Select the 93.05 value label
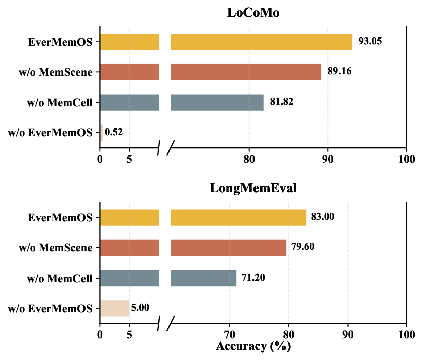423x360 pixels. pos(370,41)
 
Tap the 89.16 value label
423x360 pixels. pos(339,71)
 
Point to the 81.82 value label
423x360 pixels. pos(281,102)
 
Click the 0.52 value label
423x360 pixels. pos(114,132)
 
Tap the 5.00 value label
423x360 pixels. pos(140,308)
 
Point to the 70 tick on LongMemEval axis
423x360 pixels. pos(229,335)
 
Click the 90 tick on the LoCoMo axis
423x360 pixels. pos(328,159)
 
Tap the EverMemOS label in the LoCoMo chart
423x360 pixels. pos(60,41)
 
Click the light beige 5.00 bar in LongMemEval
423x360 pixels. pos(114,308)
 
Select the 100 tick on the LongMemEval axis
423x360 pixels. pos(406,335)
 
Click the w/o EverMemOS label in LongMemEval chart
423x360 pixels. pos(51,308)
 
